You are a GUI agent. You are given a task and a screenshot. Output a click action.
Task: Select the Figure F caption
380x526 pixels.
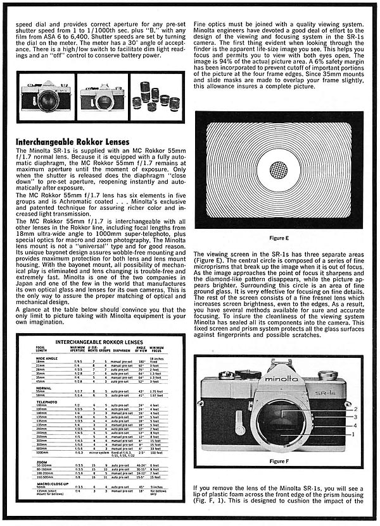click(x=279, y=461)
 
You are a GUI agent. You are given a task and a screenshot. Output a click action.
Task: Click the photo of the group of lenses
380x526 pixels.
click(x=157, y=97)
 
